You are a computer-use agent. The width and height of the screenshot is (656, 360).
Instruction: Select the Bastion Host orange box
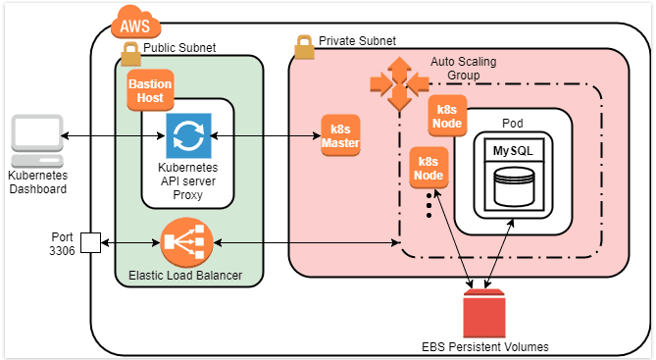[x=150, y=91]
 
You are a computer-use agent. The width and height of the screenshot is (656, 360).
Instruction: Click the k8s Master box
[x=341, y=136]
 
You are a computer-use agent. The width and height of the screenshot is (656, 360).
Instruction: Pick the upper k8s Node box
[x=448, y=118]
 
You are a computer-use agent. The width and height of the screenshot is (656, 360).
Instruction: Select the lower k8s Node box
[x=429, y=168]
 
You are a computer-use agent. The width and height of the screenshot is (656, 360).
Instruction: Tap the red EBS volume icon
[x=482, y=313]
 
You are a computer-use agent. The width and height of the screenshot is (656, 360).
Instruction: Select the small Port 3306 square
[x=90, y=242]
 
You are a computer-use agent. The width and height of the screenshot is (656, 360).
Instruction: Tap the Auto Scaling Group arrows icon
[x=397, y=82]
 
